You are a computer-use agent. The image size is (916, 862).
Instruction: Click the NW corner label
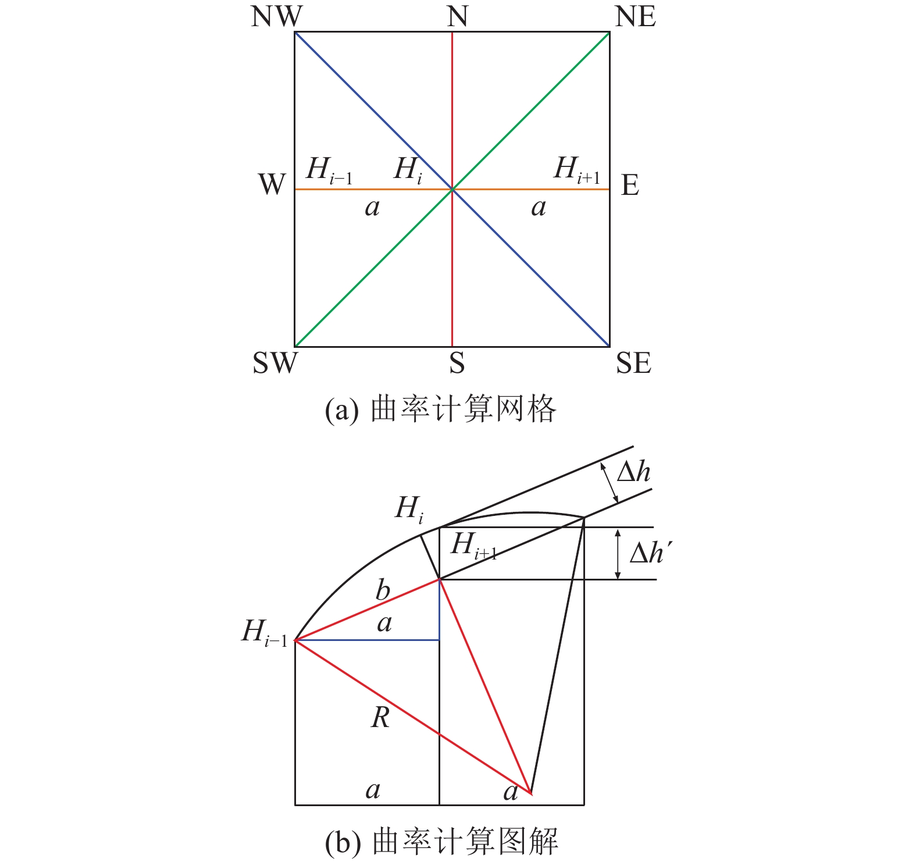pyautogui.click(x=276, y=17)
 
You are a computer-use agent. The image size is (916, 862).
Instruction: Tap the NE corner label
pyautogui.click(x=635, y=17)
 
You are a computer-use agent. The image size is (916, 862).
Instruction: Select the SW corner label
pyautogui.click(x=275, y=363)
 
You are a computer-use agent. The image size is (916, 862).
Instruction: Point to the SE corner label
pyautogui.click(x=633, y=363)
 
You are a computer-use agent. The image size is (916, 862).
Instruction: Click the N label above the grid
pyautogui.click(x=457, y=17)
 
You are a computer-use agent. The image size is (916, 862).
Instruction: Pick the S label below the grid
pyautogui.click(x=457, y=363)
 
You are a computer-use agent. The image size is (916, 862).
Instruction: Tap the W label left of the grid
pyautogui.click(x=272, y=185)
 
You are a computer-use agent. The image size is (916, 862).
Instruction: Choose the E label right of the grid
pyautogui.click(x=630, y=186)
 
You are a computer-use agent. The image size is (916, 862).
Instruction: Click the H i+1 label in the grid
pyautogui.click(x=576, y=170)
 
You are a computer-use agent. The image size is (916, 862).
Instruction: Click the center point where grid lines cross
pyautogui.click(x=452, y=189)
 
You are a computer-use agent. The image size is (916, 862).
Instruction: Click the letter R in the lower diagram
pyautogui.click(x=380, y=718)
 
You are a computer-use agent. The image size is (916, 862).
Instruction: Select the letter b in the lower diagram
pyautogui.click(x=382, y=590)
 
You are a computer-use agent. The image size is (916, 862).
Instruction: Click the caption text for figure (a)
pyautogui.click(x=440, y=409)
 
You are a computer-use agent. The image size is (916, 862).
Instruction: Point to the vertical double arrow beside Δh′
pyautogui.click(x=618, y=553)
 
